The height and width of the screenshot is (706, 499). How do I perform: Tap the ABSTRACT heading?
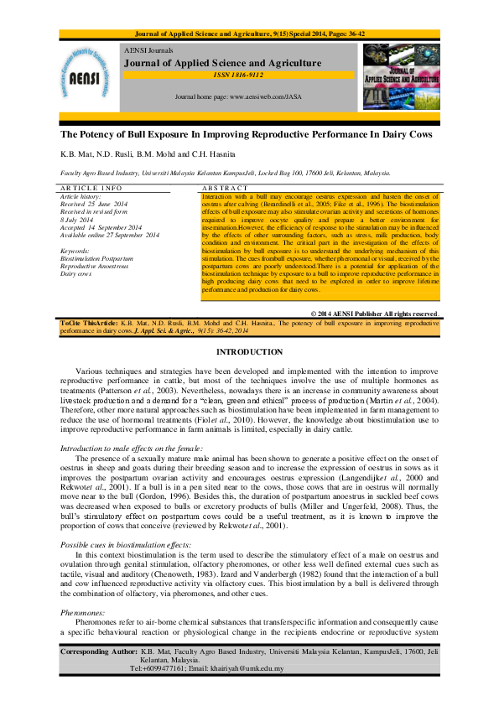tap(226, 188)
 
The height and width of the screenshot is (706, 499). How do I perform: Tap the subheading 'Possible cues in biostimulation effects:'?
tap(126, 545)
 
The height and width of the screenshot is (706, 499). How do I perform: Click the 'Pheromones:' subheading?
tap(84, 613)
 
